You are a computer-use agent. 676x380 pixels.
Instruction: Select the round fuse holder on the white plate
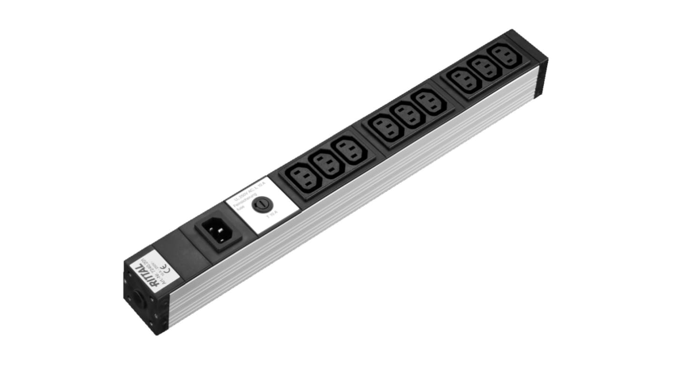click(x=260, y=206)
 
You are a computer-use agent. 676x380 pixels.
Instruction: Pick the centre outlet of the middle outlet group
click(x=407, y=116)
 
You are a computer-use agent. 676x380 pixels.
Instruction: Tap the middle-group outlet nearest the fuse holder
click(x=387, y=128)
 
